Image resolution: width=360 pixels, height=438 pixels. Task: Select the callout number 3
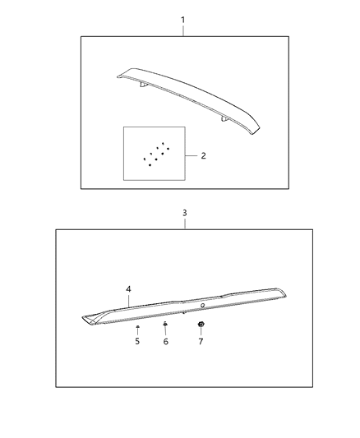(184, 213)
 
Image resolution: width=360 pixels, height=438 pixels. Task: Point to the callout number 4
(129, 288)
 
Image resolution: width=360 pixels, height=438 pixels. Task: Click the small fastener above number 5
(137, 326)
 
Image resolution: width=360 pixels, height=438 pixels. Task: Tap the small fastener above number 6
(165, 325)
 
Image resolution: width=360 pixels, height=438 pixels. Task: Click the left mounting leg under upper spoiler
(143, 85)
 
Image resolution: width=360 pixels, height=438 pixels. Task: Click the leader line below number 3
(184, 224)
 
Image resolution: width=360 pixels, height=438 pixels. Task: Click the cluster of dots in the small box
(155, 154)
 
